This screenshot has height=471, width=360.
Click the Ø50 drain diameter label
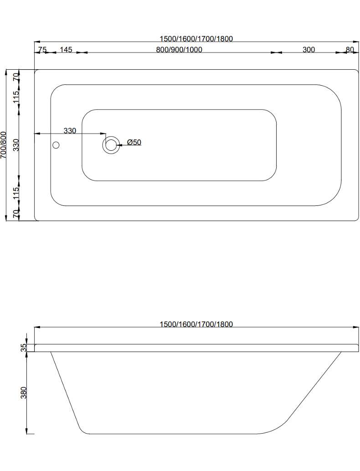tap(134, 142)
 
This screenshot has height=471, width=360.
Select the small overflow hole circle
tap(56, 145)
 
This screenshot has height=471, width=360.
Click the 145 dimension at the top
tap(66, 50)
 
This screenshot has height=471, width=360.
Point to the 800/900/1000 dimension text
tap(179, 50)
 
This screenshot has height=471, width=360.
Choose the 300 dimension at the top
tap(309, 50)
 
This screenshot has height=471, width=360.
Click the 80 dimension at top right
tap(350, 50)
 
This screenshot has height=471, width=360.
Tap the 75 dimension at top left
tap(42, 50)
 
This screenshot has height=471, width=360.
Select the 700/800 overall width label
tap(4, 145)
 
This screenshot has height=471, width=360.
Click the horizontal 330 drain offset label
tap(70, 131)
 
